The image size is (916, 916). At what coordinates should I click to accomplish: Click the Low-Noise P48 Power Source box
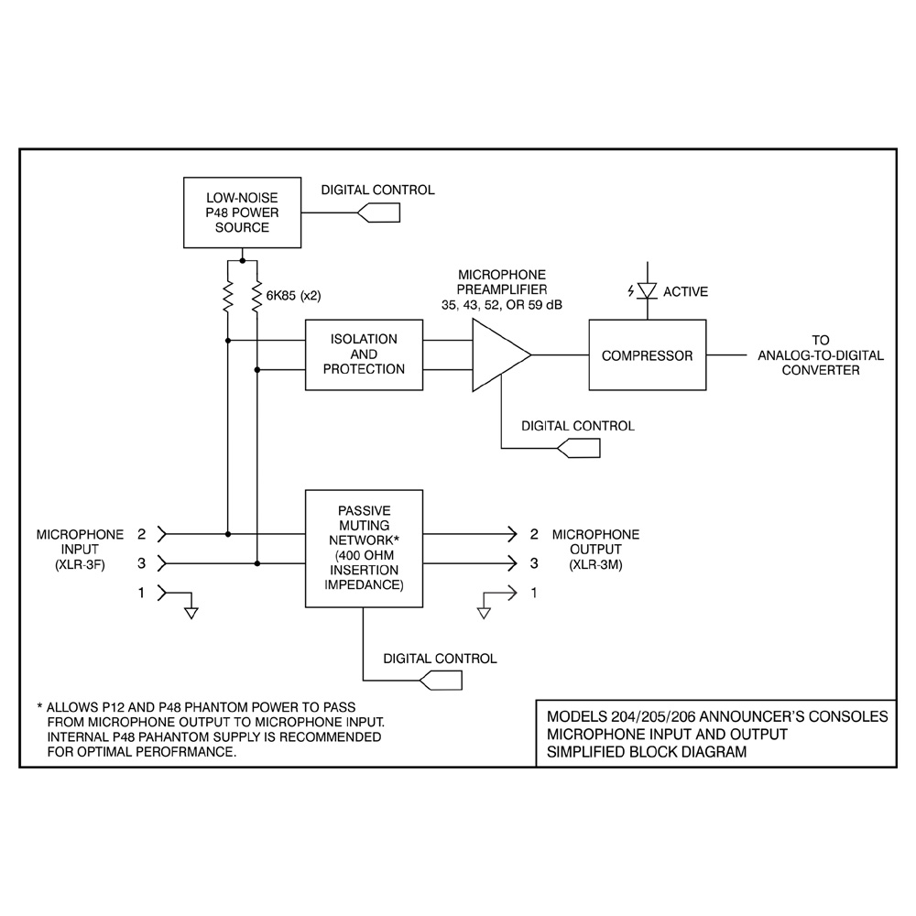coord(243,213)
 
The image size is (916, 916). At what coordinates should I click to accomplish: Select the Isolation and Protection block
coord(364,354)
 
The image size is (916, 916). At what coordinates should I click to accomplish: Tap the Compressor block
coord(648,354)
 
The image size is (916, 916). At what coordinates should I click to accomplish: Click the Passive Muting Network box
coord(364,549)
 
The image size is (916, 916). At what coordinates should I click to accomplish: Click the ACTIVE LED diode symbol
coord(648,290)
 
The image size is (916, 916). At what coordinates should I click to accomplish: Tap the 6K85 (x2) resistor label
coord(293,296)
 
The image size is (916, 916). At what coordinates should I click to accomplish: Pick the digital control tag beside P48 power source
coord(378,213)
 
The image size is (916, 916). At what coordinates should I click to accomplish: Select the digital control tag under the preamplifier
coord(578,448)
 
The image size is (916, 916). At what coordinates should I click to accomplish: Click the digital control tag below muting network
coord(441,680)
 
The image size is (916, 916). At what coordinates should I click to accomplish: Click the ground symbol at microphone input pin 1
coord(191,613)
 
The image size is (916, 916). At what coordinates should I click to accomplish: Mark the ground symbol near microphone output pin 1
coord(484,613)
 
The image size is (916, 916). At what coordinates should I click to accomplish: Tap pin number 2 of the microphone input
coord(141,534)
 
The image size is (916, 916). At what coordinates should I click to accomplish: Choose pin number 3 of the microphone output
coord(534,563)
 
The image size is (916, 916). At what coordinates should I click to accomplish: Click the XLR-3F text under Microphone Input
coord(80,565)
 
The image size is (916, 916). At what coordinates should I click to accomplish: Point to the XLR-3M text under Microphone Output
coord(596,565)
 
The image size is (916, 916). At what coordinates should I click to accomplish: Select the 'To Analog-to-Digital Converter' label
coord(821,355)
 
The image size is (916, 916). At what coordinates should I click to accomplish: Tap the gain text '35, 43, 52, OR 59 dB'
coord(502,305)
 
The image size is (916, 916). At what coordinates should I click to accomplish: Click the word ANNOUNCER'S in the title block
coord(758,716)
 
